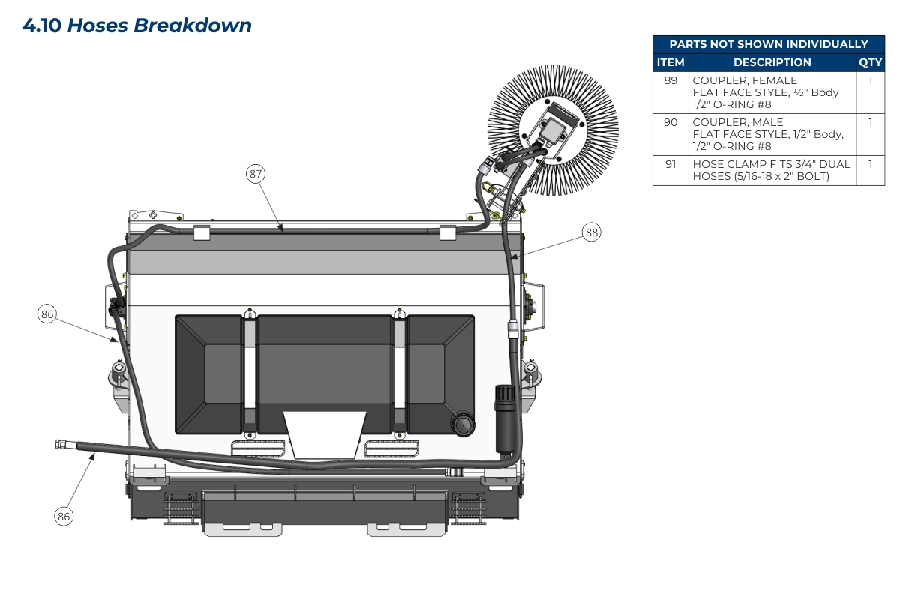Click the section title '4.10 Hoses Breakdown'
pos(137,25)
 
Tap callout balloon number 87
pos(256,174)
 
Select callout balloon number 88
pos(592,232)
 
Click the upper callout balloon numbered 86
pos(47,314)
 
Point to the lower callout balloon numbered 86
pos(64,516)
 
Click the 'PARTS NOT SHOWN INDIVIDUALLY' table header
pos(768,44)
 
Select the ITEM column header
pos(670,62)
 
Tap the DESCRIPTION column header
pos(772,62)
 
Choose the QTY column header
pos(870,62)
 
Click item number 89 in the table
pos(670,80)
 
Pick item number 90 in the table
pos(670,122)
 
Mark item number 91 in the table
pos(670,164)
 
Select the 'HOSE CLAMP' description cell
pos(772,170)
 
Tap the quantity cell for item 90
pos(870,122)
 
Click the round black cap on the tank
pos(463,424)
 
